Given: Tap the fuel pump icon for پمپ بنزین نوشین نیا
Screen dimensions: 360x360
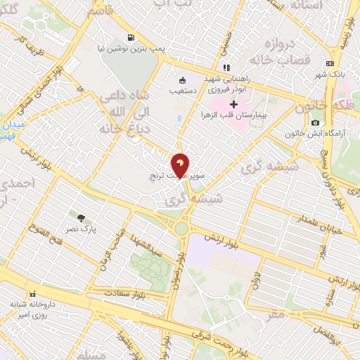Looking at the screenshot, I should (x=129, y=37).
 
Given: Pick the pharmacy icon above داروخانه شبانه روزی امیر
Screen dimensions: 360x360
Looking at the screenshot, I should (x=31, y=294).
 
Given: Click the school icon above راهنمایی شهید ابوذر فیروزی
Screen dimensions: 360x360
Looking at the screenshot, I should (x=226, y=68).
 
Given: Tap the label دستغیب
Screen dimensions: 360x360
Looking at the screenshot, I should (x=183, y=91).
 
